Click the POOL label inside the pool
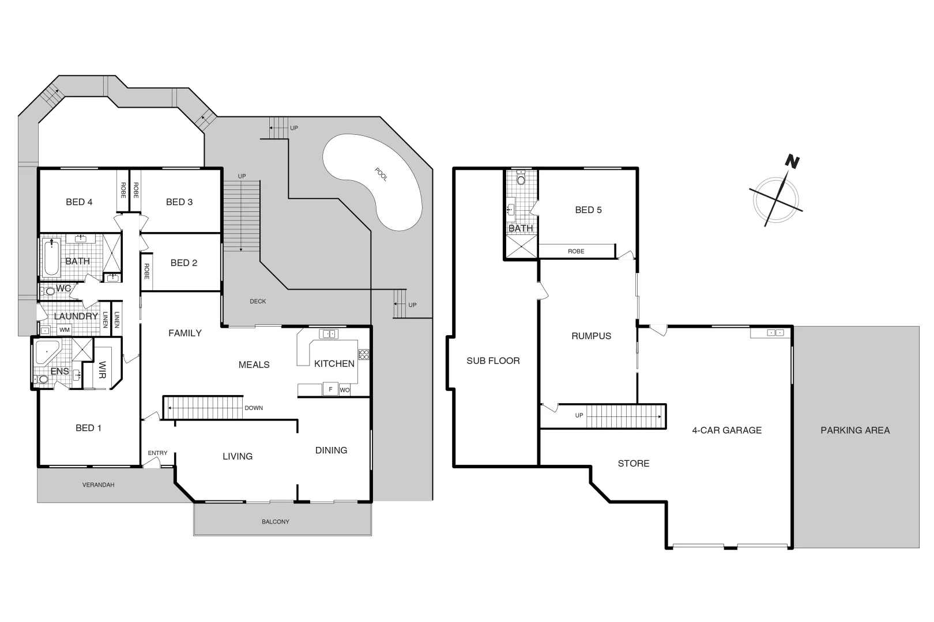[x=381, y=175]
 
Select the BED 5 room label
[x=588, y=210]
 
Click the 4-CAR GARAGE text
[x=726, y=430]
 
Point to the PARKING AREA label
[x=855, y=430]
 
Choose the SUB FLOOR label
[x=493, y=361]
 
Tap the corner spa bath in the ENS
[x=46, y=352]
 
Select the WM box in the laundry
[x=64, y=330]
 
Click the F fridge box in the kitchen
[x=330, y=389]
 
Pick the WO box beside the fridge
[x=345, y=390]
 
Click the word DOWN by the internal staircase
[x=254, y=408]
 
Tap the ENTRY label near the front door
[x=157, y=453]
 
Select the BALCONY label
[x=276, y=522]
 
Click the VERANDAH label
[x=98, y=485]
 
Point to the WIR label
[x=103, y=369]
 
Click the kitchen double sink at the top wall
[x=329, y=334]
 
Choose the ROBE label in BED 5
[x=576, y=251]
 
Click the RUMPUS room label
[x=591, y=336]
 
